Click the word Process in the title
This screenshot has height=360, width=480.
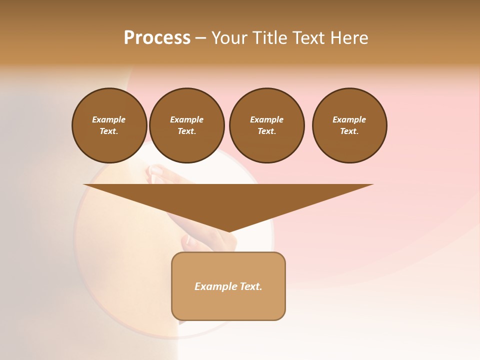pos(157,38)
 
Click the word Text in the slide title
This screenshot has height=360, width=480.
pos(309,38)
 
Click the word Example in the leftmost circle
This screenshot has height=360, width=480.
pos(109,119)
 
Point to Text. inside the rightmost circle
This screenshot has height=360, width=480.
pos(349,131)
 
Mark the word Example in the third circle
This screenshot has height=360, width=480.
pos(266,119)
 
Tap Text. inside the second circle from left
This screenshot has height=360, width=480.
pos(187,131)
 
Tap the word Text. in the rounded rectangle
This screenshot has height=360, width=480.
pos(251,286)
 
